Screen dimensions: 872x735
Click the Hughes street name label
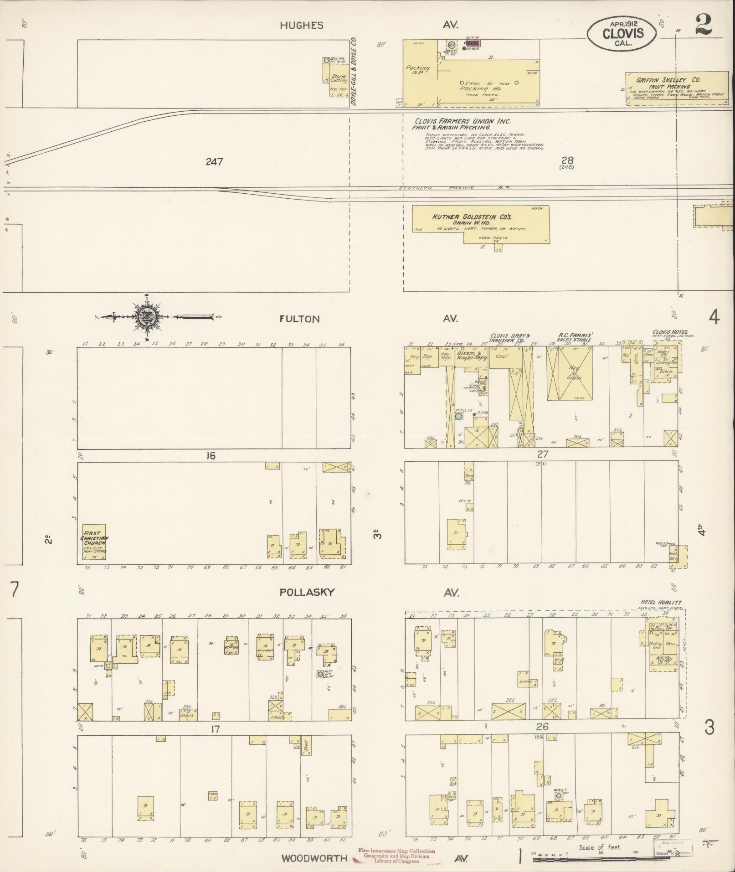pyautogui.click(x=301, y=26)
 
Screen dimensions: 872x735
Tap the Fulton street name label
pyautogui.click(x=299, y=319)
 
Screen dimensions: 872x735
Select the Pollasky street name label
pyautogui.click(x=307, y=592)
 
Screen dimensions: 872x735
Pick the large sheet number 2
pyautogui.click(x=704, y=25)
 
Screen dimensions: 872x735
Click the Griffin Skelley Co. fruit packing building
pyautogui.click(x=677, y=88)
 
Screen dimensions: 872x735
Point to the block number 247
pyautogui.click(x=214, y=161)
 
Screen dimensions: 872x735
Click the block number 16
pyautogui.click(x=210, y=455)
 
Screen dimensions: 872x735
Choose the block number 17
pyautogui.click(x=215, y=729)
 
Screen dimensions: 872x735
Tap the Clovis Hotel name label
pyautogui.click(x=670, y=332)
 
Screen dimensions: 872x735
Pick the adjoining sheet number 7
pyautogui.click(x=15, y=589)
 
